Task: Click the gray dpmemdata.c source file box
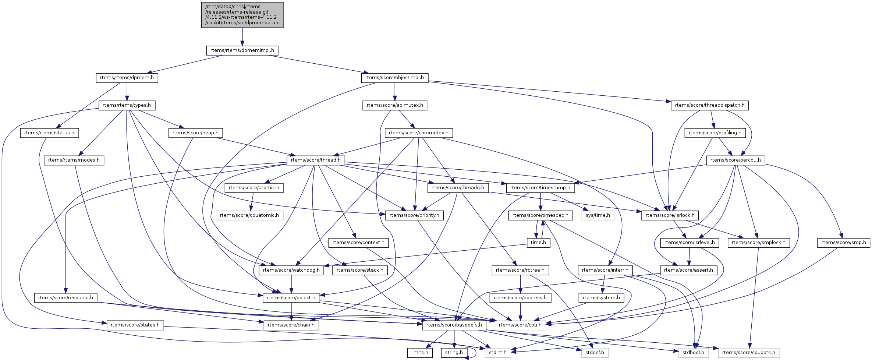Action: pyautogui.click(x=242, y=15)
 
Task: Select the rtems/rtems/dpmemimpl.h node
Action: pyautogui.click(x=242, y=50)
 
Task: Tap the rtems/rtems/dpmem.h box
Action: pyautogui.click(x=127, y=78)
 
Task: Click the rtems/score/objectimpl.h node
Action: pyautogui.click(x=394, y=78)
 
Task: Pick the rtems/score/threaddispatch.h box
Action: pyautogui.click(x=709, y=105)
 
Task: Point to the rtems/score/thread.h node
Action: pyautogui.click(x=316, y=160)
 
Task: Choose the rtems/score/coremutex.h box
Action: pyautogui.click(x=418, y=133)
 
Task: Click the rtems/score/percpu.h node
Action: pyautogui.click(x=735, y=160)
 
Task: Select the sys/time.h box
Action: pyautogui.click(x=598, y=215)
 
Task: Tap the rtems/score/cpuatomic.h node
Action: pyautogui.click(x=249, y=215)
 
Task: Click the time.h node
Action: pyautogui.click(x=538, y=243)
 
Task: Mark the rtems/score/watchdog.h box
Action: pyautogui.click(x=291, y=270)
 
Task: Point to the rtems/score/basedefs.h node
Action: pyautogui.click(x=454, y=325)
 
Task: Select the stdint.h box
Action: pyautogui.click(x=497, y=353)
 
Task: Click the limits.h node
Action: pyautogui.click(x=419, y=353)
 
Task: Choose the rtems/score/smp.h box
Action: pyautogui.click(x=843, y=243)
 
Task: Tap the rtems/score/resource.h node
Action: pyautogui.click(x=65, y=298)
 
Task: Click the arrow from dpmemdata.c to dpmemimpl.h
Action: pyautogui.click(x=242, y=37)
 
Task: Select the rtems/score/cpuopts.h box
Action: pyautogui.click(x=748, y=353)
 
